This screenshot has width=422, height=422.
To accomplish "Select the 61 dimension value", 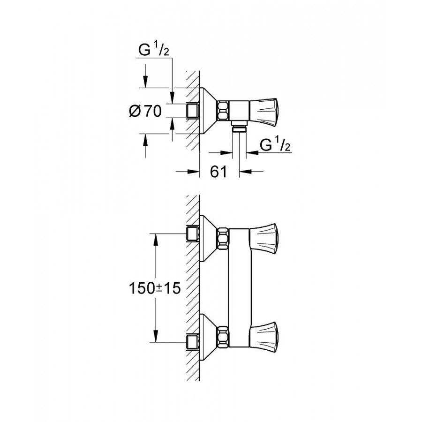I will (218, 172).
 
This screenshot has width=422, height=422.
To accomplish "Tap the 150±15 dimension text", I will (155, 287).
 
